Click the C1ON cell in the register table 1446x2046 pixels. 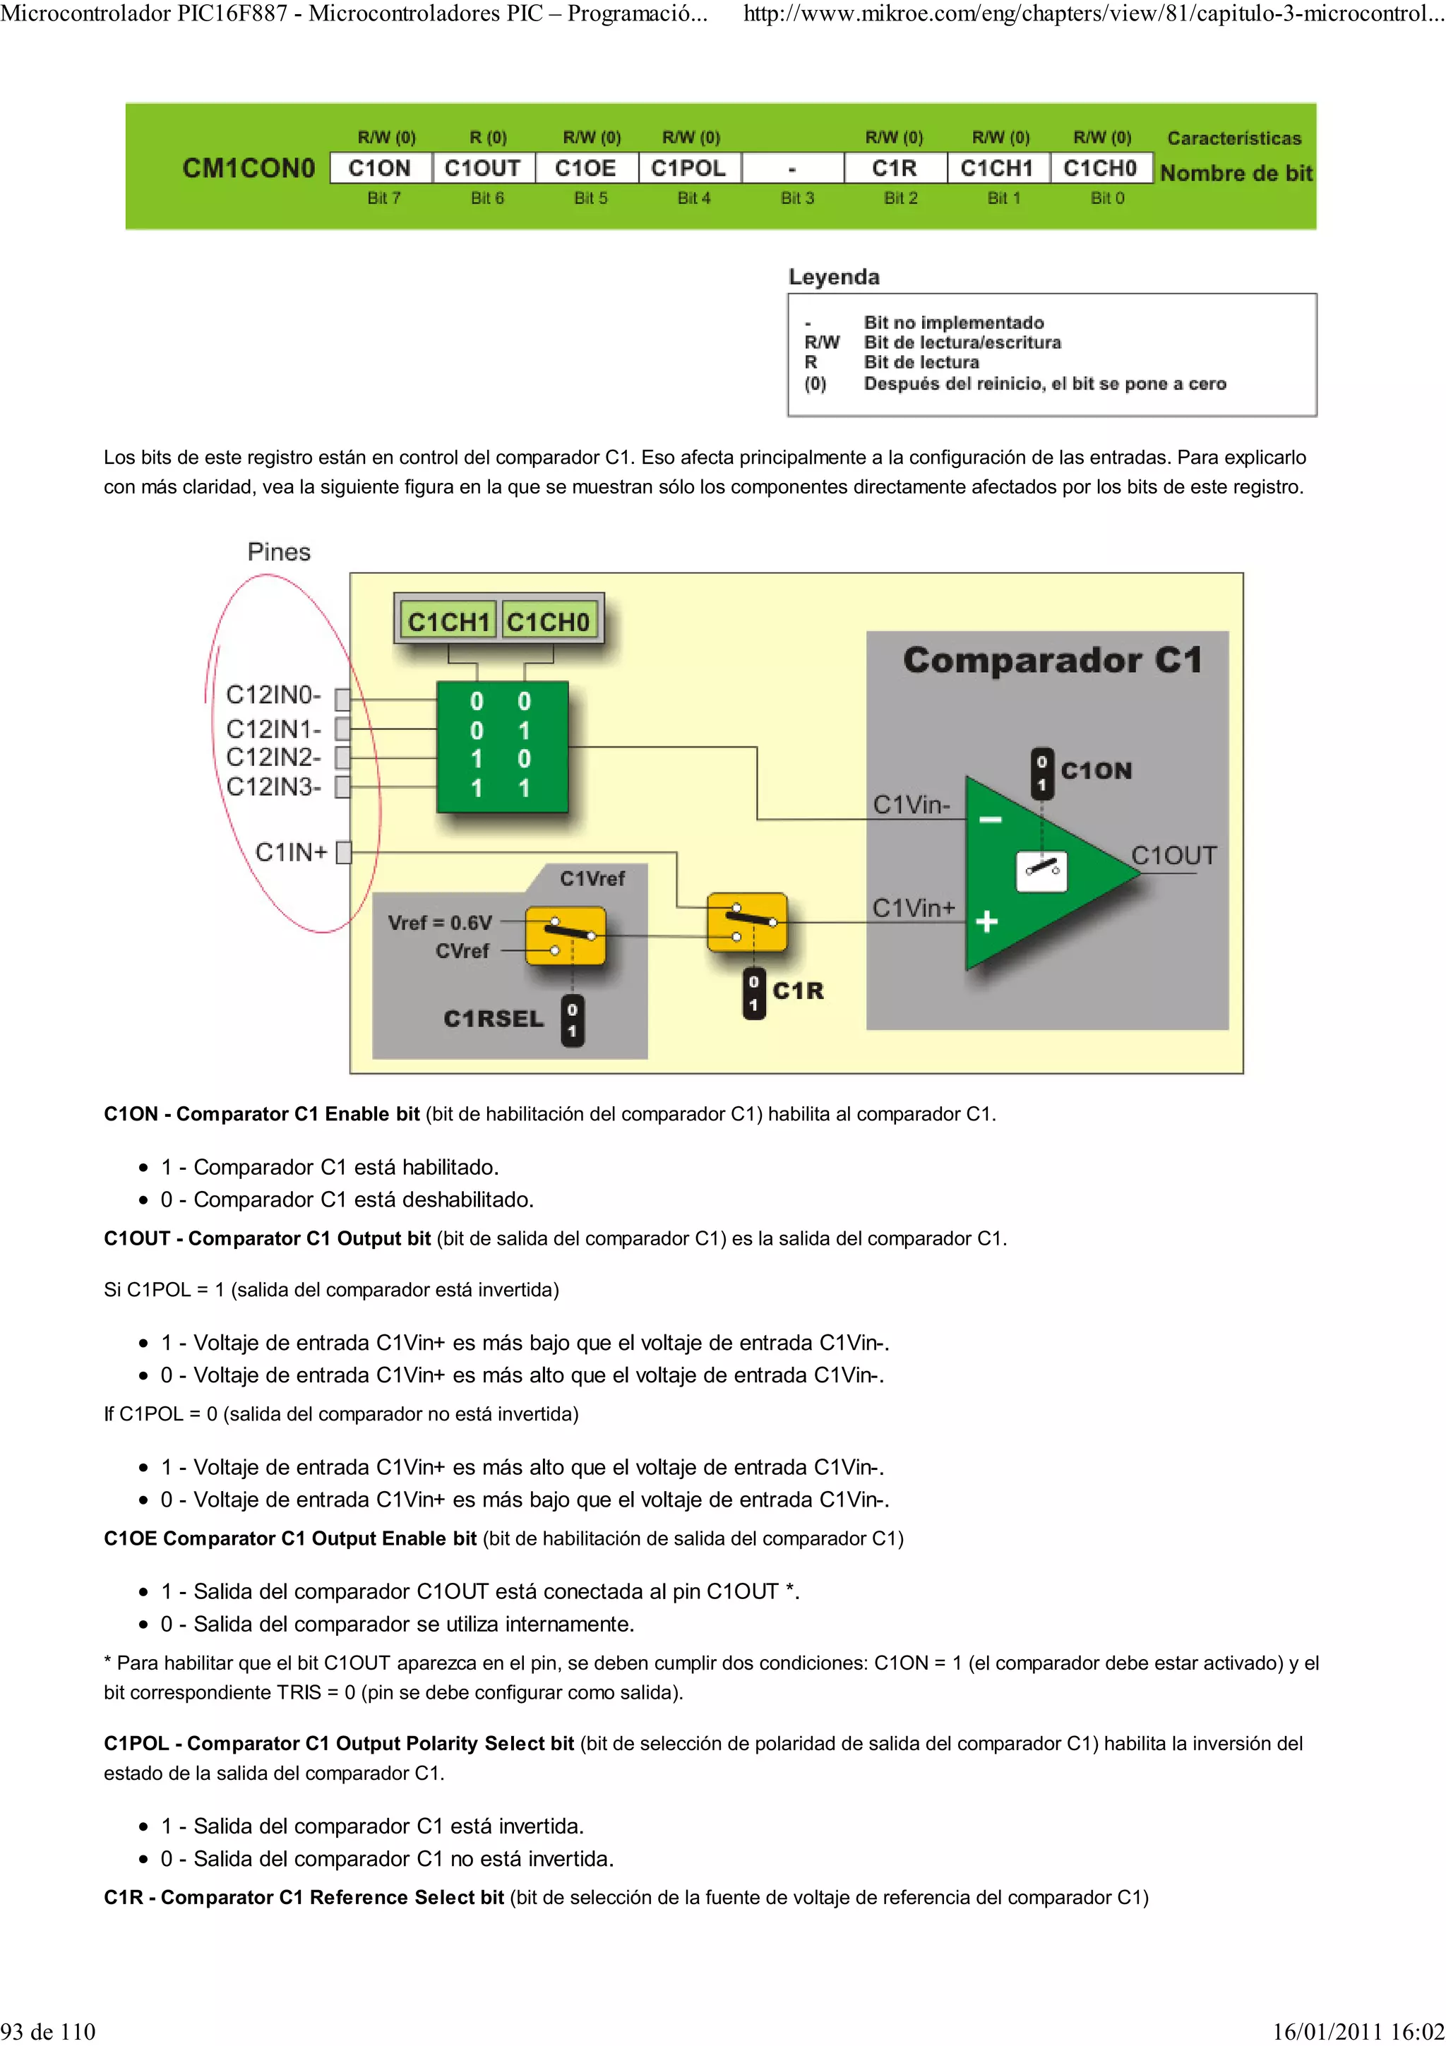pyautogui.click(x=380, y=169)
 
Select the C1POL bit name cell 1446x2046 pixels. pyautogui.click(x=688, y=169)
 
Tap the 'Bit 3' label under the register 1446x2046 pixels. pyautogui.click(x=796, y=198)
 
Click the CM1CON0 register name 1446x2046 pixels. pyautogui.click(x=249, y=169)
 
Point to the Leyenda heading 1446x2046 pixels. pyautogui.click(x=834, y=277)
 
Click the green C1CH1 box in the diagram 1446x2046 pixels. pyautogui.click(x=448, y=621)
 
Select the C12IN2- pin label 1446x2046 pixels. pyautogui.click(x=273, y=758)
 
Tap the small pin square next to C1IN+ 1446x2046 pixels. pyautogui.click(x=344, y=853)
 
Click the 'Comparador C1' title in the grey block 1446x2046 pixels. pyautogui.click(x=1052, y=660)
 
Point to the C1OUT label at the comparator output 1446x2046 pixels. pyautogui.click(x=1173, y=856)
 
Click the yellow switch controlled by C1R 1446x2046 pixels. pyautogui.click(x=746, y=922)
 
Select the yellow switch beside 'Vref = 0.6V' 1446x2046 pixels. pyautogui.click(x=565, y=935)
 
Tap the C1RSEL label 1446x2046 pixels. pyautogui.click(x=494, y=1019)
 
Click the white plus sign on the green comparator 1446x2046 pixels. pyautogui.click(x=986, y=921)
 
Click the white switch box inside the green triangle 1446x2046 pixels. pyautogui.click(x=1041, y=871)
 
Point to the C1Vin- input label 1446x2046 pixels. pyautogui.click(x=911, y=805)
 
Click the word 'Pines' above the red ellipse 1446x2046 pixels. pyautogui.click(x=279, y=553)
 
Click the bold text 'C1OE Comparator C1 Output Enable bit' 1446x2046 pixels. pyautogui.click(x=289, y=1539)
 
